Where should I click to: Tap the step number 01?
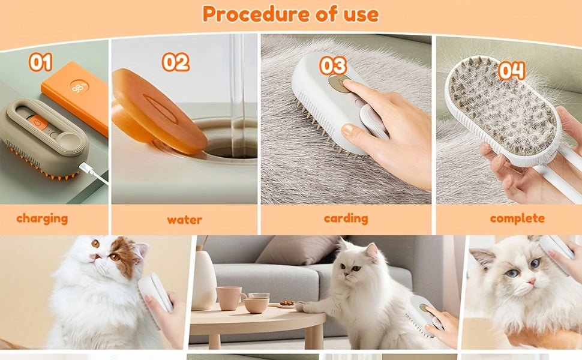tap(40, 62)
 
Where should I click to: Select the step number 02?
tap(176, 62)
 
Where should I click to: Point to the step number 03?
tap(333, 65)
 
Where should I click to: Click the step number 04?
tap(512, 71)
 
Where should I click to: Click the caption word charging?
tap(42, 218)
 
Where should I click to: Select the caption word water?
tap(184, 220)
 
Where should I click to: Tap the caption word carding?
tap(346, 218)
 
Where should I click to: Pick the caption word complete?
tap(517, 218)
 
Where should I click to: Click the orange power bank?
tap(75, 97)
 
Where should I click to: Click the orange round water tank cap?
tap(160, 112)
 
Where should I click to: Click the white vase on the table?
tap(203, 280)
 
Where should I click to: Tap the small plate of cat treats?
tap(287, 304)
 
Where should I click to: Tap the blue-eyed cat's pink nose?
tap(532, 281)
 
